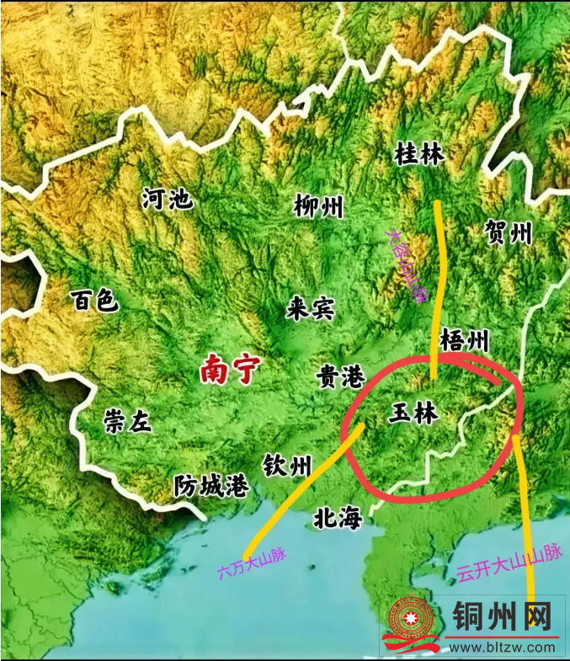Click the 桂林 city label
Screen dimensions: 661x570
point(419,154)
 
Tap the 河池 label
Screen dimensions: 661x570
point(168,200)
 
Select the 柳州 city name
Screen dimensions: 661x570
point(319,206)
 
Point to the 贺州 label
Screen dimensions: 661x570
point(509,232)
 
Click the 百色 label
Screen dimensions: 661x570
point(96,301)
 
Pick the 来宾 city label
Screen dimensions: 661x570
point(310,309)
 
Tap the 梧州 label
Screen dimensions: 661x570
point(464,341)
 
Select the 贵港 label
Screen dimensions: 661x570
point(341,377)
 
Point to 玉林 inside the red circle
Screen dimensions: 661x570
point(417,413)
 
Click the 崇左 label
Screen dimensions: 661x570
point(128,421)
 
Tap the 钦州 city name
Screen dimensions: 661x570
point(287,465)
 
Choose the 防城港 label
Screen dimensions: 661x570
point(211,486)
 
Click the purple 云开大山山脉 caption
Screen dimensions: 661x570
point(509,563)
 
